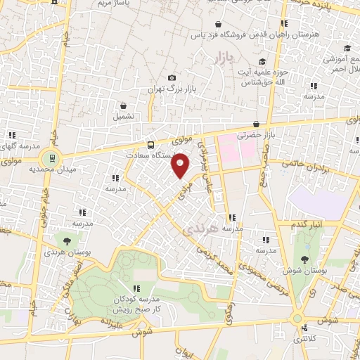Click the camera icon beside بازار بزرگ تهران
coord(172,78)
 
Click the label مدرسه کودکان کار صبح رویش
coord(137,304)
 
